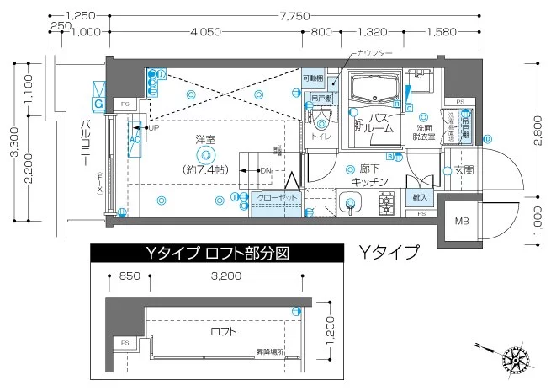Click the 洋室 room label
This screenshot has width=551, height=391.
tap(203, 138)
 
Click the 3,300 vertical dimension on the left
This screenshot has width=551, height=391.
tap(12, 143)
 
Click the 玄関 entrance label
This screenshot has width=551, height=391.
tap(464, 170)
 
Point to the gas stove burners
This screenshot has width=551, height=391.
tap(388, 202)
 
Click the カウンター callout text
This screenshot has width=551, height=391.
tap(374, 53)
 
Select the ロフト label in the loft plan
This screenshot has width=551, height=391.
tap(224, 332)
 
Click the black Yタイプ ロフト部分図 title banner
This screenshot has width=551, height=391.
tap(216, 253)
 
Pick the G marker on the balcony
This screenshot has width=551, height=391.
tap(98, 103)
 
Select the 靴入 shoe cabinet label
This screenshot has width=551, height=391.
tap(419, 197)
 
